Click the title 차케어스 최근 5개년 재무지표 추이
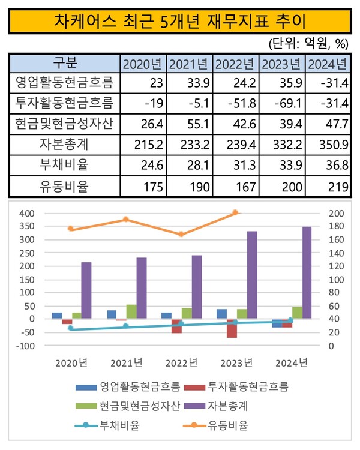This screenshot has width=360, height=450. point(179,22)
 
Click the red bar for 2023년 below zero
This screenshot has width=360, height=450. point(232,328)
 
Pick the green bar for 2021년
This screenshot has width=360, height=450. point(131,311)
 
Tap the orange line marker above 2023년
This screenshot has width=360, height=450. point(235,212)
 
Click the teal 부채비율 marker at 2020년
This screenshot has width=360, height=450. point(71,328)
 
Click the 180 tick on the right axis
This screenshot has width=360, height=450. point(337,226)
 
